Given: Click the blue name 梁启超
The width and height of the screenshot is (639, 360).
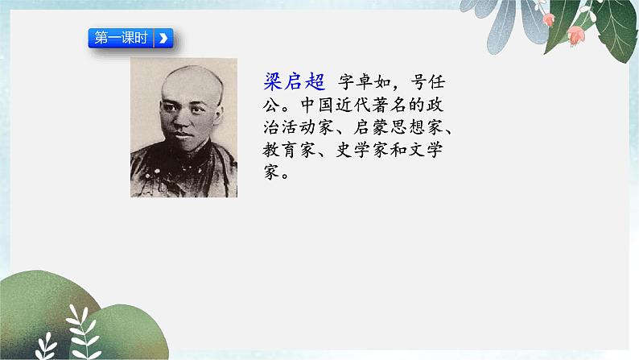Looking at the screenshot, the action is pos(294,81).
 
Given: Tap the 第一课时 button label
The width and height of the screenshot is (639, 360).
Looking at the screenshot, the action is pos(121,38).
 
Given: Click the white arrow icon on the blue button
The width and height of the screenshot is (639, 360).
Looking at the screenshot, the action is pos(163,39).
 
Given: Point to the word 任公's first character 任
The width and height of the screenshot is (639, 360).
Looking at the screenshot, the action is pos(436,82).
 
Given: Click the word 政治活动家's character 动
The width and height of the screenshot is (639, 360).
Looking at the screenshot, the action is pos(307,127).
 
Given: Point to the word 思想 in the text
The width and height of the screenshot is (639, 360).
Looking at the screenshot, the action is pos(406,127).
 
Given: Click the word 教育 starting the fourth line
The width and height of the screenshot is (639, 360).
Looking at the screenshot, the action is pos(280,150).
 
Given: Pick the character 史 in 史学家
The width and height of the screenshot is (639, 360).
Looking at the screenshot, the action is pos(344,150).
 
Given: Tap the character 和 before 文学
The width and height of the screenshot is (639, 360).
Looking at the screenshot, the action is pos(398,150).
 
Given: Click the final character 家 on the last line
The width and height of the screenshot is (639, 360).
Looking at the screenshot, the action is pos(271,172).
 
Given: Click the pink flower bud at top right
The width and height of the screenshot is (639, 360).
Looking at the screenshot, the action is pos(576,35).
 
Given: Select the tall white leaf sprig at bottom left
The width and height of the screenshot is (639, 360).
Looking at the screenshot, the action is pos(84,331).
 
